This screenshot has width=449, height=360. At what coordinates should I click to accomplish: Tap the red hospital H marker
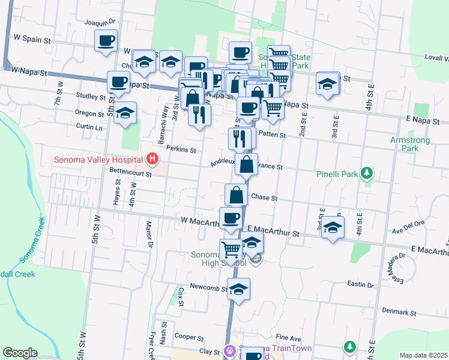pos(152,159)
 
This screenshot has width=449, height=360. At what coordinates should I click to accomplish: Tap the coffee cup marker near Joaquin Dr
pos(106,41)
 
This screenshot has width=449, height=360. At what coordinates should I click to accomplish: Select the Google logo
pos(19,353)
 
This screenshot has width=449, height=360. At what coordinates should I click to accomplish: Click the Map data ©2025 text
pos(423,355)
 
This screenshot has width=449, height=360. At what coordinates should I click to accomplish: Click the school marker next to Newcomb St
pos(238,289)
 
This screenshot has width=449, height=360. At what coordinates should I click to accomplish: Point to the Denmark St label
pos(400,313)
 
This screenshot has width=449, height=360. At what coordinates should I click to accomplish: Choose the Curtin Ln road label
pos(89,127)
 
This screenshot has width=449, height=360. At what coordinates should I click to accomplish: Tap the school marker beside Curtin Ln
pos(125,113)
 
